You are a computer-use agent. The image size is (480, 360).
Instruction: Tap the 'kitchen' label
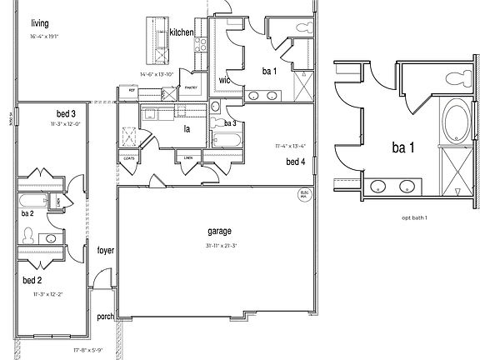pos(182,32)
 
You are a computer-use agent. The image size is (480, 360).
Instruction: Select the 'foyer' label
pos(106,250)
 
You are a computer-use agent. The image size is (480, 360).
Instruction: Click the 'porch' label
pos(106,316)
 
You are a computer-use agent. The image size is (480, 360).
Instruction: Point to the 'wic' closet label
pos(224,80)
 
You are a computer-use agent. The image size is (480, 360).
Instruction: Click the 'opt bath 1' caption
pos(413,217)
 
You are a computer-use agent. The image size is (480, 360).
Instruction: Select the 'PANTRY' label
pos(190,87)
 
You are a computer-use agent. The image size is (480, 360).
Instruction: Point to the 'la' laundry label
pos(187,129)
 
